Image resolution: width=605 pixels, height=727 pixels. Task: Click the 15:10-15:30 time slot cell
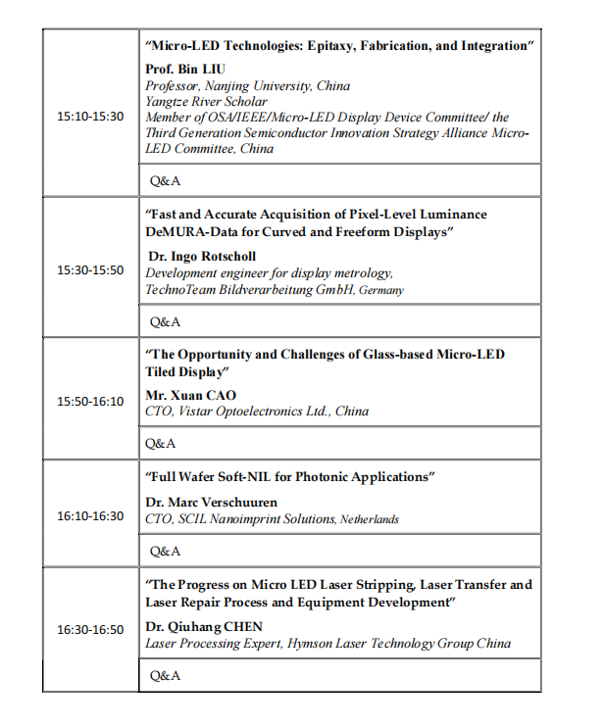[90, 116]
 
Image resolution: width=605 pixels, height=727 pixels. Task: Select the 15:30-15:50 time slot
[90, 269]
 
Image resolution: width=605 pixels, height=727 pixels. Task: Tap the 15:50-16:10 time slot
[90, 401]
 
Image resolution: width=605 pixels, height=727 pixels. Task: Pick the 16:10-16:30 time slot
[90, 515]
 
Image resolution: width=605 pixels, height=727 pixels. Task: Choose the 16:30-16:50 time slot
[90, 629]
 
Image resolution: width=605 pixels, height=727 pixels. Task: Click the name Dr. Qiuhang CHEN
[204, 626]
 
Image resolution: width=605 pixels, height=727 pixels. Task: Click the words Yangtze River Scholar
[206, 102]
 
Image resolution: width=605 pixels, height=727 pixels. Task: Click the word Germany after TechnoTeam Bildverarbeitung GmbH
[381, 291]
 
